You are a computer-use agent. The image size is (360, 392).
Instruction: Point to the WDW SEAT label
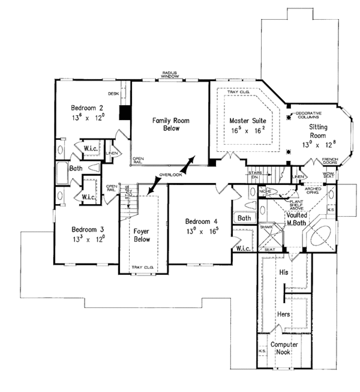[x=328, y=176]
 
